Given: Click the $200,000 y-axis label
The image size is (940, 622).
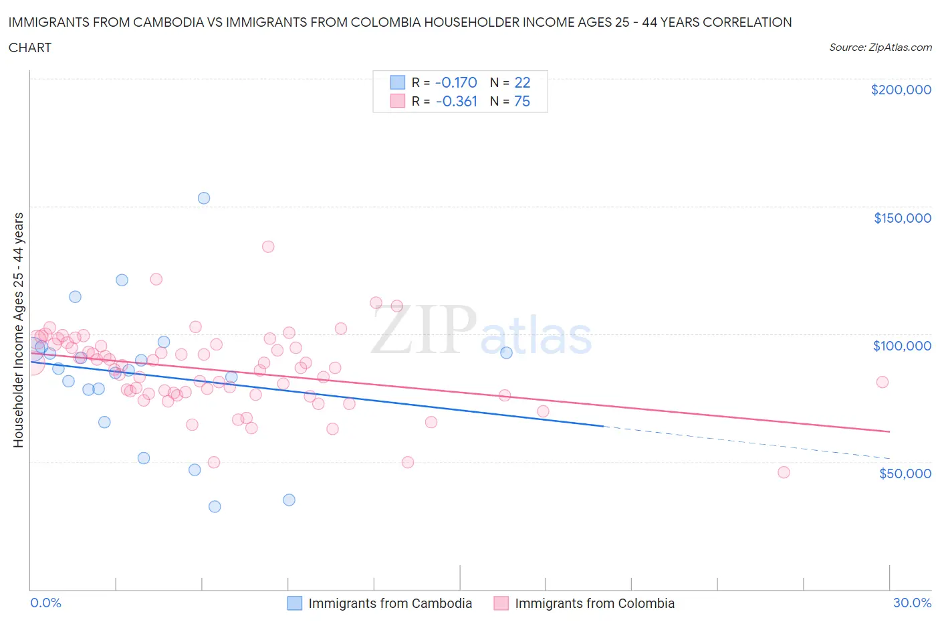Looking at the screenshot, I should click(x=901, y=90).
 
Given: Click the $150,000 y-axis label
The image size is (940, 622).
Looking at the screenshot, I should click(x=902, y=218).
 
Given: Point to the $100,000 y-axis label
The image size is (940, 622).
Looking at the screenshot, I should click(x=902, y=346).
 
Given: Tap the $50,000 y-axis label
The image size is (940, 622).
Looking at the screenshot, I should click(x=905, y=474).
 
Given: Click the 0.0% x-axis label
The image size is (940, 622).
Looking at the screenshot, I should click(x=45, y=603).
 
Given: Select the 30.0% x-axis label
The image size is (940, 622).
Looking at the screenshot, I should click(x=912, y=603).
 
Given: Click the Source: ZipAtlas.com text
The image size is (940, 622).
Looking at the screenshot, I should click(x=880, y=47).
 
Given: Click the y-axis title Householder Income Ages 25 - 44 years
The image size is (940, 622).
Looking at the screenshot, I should click(x=18, y=330).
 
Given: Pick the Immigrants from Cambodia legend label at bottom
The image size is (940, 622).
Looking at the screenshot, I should click(x=390, y=603).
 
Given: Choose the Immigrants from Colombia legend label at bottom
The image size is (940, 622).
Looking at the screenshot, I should click(x=594, y=603).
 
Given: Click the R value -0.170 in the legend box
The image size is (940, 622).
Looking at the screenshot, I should click(x=456, y=82).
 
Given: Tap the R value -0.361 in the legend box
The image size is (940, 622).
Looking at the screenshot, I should click(x=457, y=101).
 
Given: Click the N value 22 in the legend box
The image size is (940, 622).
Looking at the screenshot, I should click(x=522, y=82).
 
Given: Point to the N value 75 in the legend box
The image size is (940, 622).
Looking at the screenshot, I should click(x=522, y=101).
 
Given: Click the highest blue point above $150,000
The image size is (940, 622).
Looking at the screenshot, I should click(x=204, y=198).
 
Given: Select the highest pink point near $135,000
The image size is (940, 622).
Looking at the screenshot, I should click(x=268, y=246).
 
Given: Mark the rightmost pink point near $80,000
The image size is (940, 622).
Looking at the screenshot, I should click(x=882, y=382).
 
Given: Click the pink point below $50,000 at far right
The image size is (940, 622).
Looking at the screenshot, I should click(x=784, y=472).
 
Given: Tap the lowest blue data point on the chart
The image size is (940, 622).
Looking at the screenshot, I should click(x=215, y=506).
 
